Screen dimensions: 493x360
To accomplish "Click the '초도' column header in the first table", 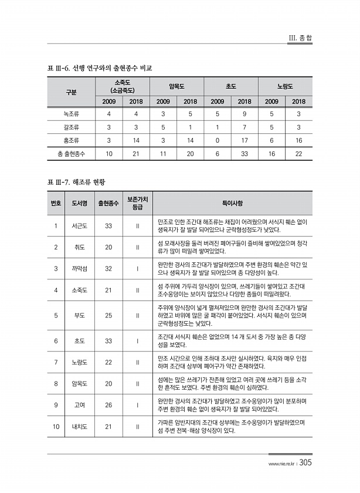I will coord(230,86).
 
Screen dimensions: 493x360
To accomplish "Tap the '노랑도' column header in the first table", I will coord(286,86).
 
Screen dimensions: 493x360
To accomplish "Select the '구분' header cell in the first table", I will coord(71,93).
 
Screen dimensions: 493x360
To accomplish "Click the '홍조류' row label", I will coord(71,140).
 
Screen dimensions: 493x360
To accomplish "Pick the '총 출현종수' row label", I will coord(71,154).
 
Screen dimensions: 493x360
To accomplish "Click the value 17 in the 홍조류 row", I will coord(244,140).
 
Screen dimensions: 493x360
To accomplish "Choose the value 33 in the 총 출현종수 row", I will coord(244,154).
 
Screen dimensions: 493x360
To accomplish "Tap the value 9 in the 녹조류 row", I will coord(244,113).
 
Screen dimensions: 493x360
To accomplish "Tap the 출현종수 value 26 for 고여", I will coord(108,405).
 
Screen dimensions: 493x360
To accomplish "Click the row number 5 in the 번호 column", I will coord(55,315).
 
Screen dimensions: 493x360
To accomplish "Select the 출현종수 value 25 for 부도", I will coord(108,315).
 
